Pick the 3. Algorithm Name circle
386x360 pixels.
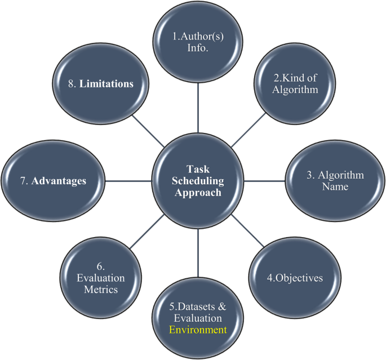tap(336, 180)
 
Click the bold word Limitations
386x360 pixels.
tap(106, 84)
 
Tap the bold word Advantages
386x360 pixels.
tap(66, 181)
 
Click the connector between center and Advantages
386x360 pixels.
tap(127, 181)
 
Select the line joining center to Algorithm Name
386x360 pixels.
tap(265, 181)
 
